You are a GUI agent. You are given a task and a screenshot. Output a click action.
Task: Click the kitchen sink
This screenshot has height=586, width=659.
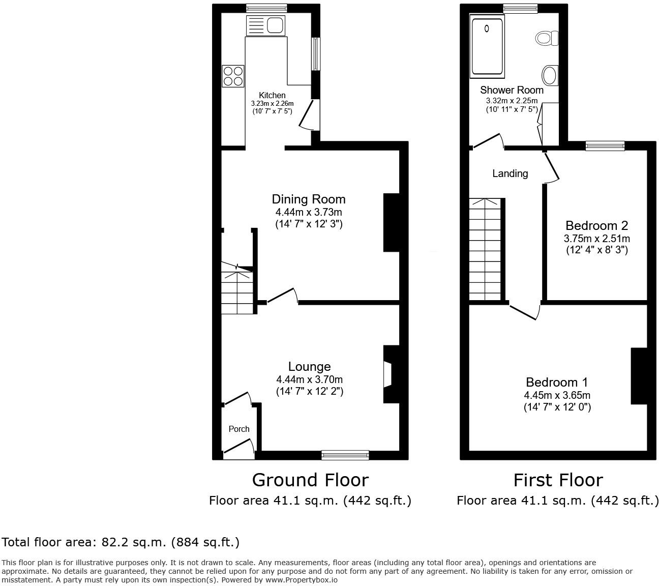tap(266, 25)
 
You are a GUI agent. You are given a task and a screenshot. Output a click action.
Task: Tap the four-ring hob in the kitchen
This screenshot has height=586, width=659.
tap(233, 76)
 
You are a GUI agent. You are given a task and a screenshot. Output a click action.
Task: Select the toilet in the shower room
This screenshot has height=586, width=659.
tap(547, 38)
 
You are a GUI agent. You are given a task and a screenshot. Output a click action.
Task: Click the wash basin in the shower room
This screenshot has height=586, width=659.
tap(550, 75)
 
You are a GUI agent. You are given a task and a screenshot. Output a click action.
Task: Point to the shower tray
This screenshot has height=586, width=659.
tap(487, 46)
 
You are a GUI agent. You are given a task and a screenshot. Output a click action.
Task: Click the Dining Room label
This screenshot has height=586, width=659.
tap(309, 199)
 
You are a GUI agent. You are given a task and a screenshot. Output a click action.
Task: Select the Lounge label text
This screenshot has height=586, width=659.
tap(309, 367)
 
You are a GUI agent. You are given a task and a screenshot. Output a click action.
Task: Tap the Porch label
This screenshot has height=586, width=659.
tap(239, 429)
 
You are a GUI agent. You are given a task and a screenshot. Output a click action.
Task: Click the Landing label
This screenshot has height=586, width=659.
tap(510, 174)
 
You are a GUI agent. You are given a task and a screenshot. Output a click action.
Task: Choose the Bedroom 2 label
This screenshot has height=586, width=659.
tap(596, 226)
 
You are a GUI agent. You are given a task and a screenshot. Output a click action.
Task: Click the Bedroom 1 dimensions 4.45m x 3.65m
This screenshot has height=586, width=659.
tap(557, 395)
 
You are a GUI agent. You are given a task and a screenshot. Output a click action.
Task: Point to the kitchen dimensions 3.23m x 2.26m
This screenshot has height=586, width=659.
tap(272, 103)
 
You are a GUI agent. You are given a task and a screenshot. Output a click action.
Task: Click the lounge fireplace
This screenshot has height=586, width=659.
tap(389, 375)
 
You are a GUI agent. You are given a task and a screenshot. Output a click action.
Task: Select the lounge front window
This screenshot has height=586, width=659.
tap(345, 455)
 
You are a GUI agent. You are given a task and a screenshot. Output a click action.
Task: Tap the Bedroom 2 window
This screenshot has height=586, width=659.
tap(605, 146)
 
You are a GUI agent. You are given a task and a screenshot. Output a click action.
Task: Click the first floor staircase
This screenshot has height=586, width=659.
tap(486, 249)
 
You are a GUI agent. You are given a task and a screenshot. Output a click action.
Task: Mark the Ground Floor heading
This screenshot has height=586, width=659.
tap(310, 480)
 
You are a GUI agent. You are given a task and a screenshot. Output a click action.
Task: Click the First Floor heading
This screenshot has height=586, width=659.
tap(558, 480)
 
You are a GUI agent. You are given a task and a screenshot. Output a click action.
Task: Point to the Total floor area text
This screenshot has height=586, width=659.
tap(121, 542)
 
